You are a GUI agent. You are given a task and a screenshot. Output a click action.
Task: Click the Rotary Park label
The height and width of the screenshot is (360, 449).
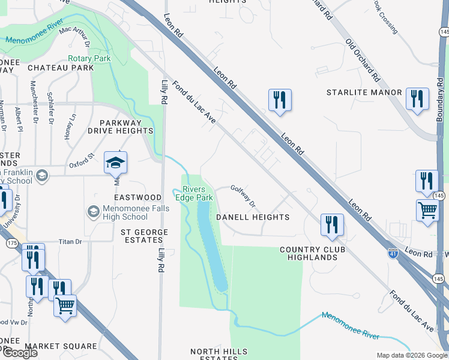pos(89,58)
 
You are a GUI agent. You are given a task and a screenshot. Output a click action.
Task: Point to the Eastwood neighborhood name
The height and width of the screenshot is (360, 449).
pos(138,197)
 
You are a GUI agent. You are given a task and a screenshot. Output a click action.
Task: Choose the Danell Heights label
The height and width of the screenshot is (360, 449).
pos(253,217)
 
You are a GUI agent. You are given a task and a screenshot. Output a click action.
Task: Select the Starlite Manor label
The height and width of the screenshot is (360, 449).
pos(364,92)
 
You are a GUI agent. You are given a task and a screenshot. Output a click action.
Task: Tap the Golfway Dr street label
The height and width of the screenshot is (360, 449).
pos(243,195)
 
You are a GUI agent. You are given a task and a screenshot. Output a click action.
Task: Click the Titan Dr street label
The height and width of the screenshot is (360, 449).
pos(70,242)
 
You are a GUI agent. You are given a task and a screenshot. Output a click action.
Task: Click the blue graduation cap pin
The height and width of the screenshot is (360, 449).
pos(116,163)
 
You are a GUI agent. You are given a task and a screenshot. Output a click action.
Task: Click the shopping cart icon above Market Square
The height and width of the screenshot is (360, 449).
pos(65,305)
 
